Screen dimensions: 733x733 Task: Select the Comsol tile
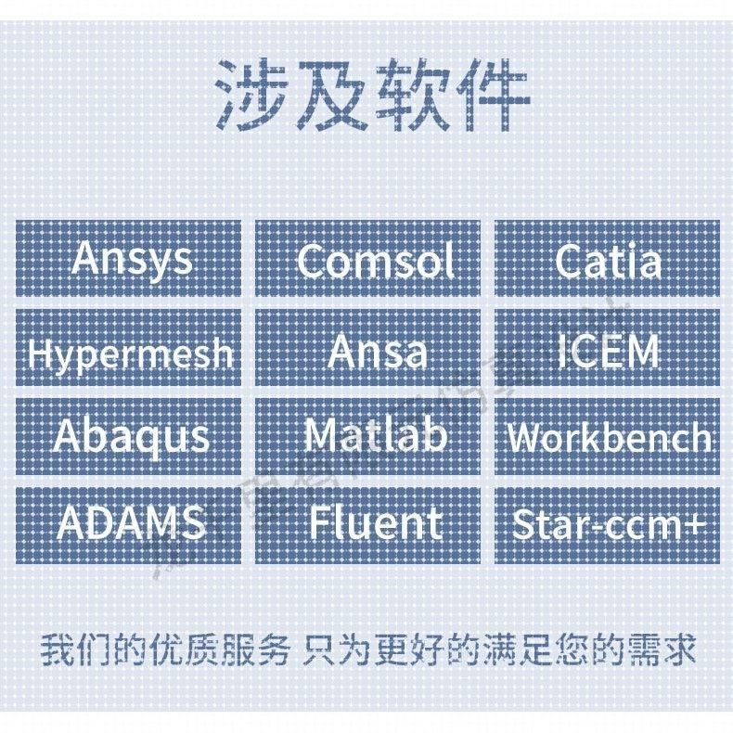[x=367, y=259]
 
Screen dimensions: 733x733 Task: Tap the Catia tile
[x=607, y=259]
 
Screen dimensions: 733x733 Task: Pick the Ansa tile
[x=367, y=349]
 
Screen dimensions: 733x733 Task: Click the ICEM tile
[x=607, y=349]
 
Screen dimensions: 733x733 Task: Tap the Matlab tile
[x=367, y=436]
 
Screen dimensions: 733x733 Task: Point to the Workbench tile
[x=607, y=436]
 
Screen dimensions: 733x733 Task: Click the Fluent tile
[x=367, y=524]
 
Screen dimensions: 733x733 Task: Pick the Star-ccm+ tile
[x=607, y=524]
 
